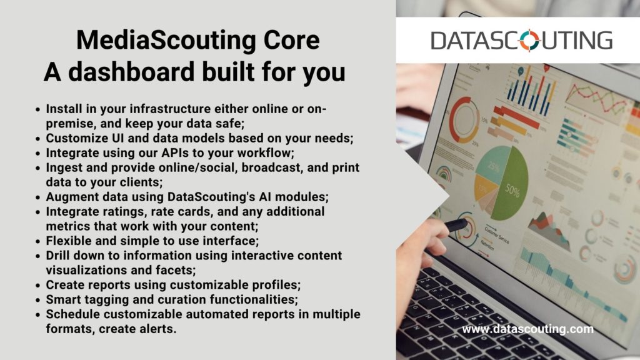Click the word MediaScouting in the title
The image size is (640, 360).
(166, 41)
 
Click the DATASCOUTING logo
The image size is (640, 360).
(522, 41)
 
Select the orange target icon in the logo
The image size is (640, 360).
(529, 41)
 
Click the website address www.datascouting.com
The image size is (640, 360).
(527, 329)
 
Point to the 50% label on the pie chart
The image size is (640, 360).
(512, 190)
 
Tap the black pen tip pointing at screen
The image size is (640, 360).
(456, 225)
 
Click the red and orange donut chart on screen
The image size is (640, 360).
(464, 119)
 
